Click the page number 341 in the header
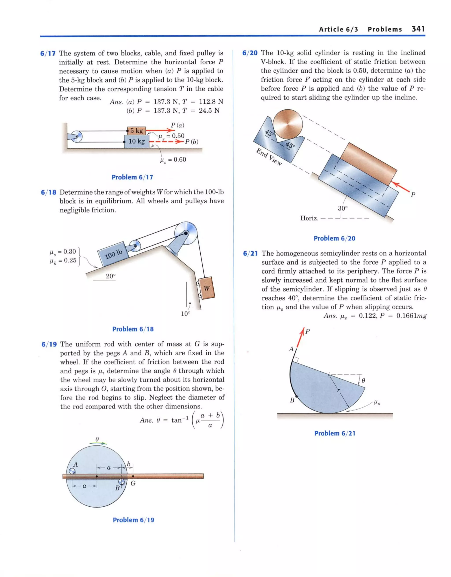point(418,29)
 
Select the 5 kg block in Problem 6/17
point(137,131)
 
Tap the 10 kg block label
point(137,141)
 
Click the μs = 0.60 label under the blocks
point(173,159)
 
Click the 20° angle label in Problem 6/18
point(111,276)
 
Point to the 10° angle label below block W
point(185,314)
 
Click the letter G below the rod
point(133,483)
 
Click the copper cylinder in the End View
point(288,124)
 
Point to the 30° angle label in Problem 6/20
point(343,208)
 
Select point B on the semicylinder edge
point(296,396)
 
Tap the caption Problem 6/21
point(335,433)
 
